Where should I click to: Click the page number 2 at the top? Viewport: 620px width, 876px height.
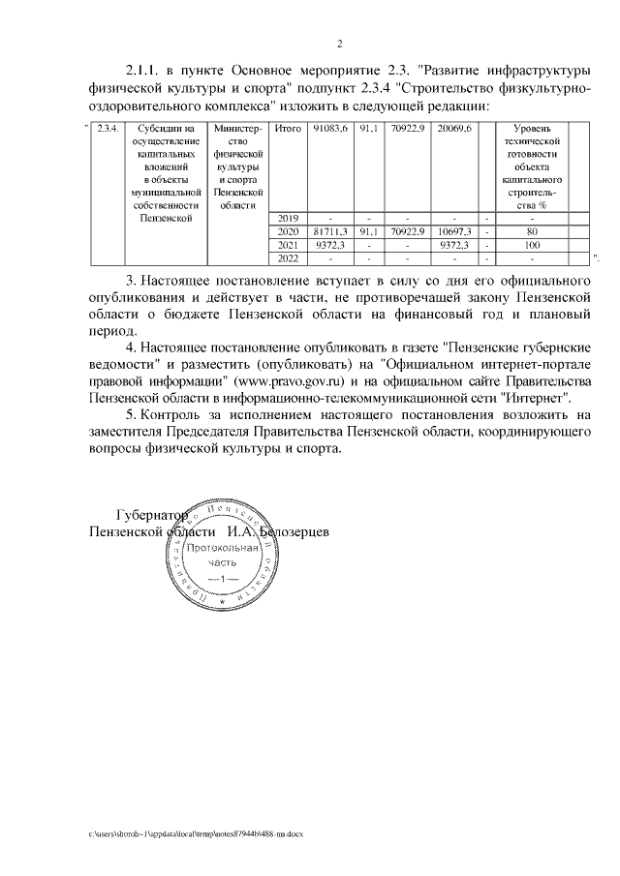340,43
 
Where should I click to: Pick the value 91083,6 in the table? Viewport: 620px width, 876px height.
330,129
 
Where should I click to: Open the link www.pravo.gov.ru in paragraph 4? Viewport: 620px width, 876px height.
297,379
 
